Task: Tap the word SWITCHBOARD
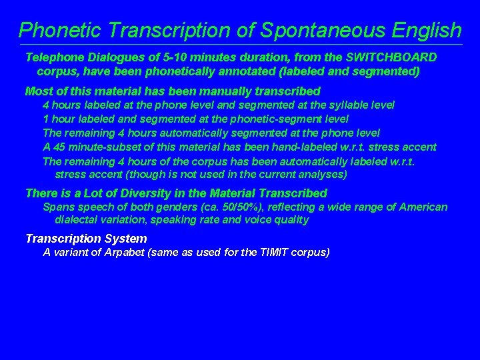[390, 57]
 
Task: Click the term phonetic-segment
[267, 119]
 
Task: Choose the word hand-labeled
[289, 147]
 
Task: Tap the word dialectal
[79, 220]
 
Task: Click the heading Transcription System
[86, 239]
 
